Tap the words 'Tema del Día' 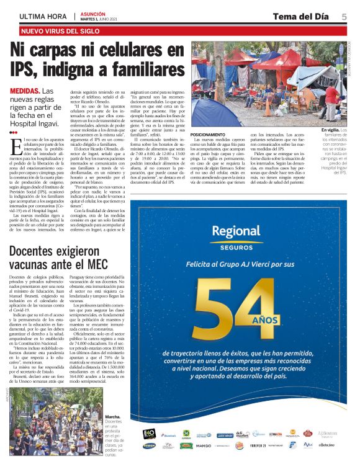(x=300, y=17)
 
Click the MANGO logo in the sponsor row (x=203, y=445)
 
